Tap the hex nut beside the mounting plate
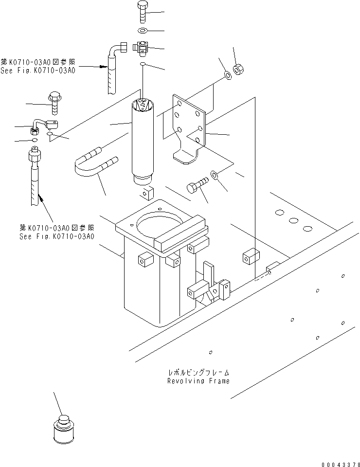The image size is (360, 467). point(239,70)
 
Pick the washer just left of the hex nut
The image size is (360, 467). point(228,76)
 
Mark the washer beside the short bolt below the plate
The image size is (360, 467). point(215,174)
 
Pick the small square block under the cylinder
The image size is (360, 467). point(145,194)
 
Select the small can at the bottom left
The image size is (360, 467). point(63,429)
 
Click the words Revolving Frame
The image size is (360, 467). point(198,381)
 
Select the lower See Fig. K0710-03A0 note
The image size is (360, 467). point(56,232)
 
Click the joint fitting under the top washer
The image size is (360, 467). point(141,48)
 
